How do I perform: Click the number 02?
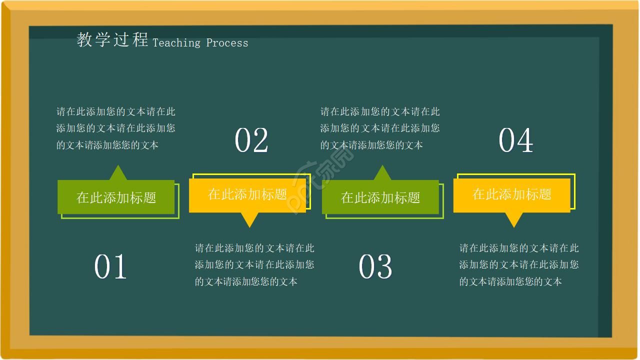point(251,140)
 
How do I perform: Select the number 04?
point(515,140)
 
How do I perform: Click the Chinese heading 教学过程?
point(112,39)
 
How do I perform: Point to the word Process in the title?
point(227,43)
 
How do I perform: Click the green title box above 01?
point(116,197)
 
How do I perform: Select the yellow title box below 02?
point(247,194)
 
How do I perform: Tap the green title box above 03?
point(380,197)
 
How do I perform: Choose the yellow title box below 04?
point(512,194)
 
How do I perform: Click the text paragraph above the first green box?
point(116,128)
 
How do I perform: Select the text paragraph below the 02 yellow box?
point(254,264)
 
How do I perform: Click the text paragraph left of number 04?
point(380,128)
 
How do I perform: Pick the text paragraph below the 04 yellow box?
point(519,264)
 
